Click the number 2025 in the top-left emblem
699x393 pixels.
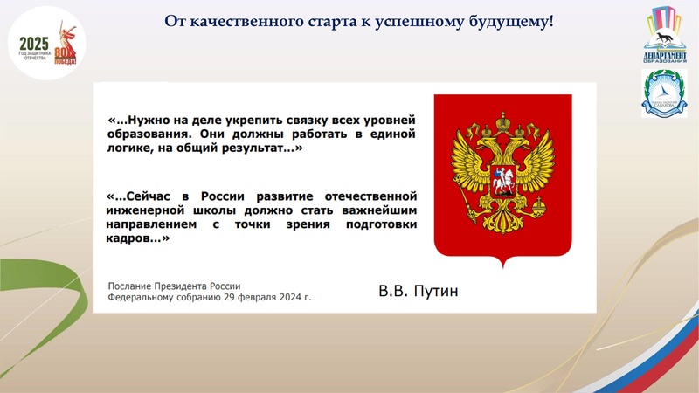click(x=34, y=44)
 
